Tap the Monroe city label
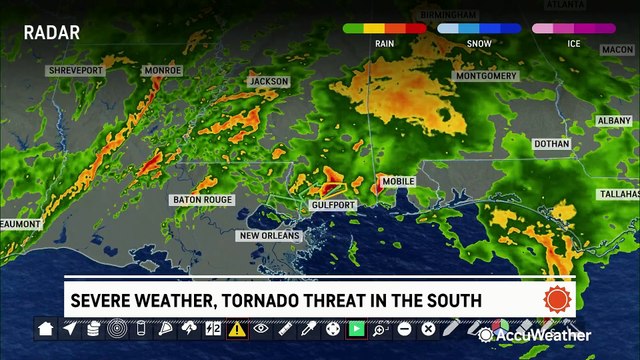[161, 70]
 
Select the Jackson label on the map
[268, 81]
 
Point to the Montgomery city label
[485, 75]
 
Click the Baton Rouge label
[202, 200]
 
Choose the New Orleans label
[269, 236]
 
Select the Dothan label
[552, 144]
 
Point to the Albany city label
[614, 120]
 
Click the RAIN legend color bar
[383, 29]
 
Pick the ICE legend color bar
[573, 29]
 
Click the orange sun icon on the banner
[555, 299]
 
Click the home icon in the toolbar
[45, 328]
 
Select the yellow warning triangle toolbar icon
[237, 328]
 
